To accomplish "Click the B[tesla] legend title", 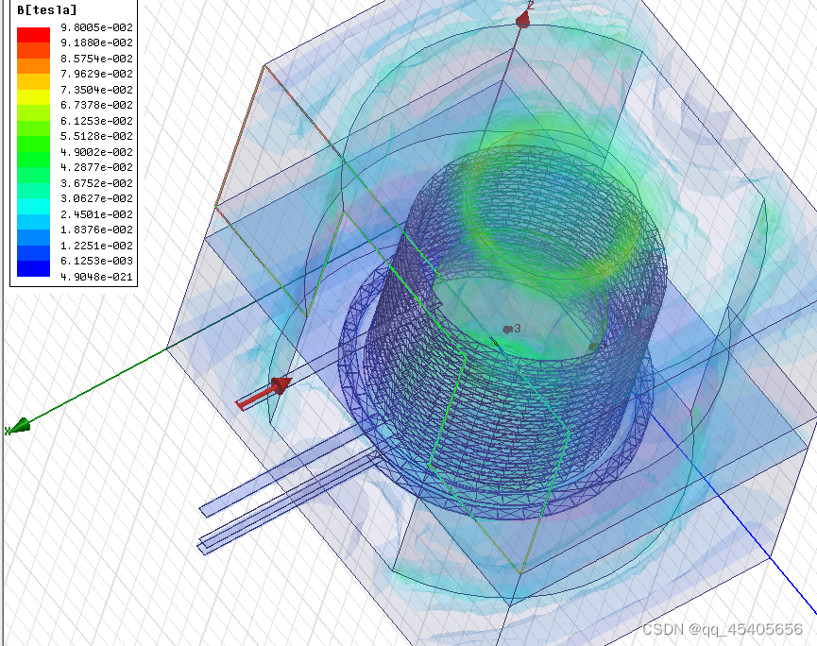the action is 47,9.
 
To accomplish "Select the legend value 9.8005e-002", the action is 97,27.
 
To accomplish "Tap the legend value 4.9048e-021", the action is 97,277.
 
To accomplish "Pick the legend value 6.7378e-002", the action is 97,105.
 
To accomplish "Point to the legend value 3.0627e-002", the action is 97,198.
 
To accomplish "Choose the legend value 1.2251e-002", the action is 97,246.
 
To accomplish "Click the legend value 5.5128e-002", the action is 97,136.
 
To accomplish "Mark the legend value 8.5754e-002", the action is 97,59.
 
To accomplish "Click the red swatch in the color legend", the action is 33,34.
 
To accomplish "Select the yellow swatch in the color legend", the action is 33,97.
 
